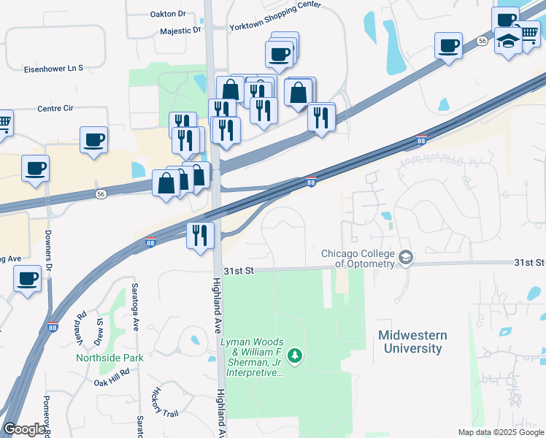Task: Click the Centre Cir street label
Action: pyautogui.click(x=55, y=108)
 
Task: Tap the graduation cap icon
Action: pyautogui.click(x=507, y=41)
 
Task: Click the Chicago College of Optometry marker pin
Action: pyautogui.click(x=406, y=258)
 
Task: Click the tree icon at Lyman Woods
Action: pyautogui.click(x=295, y=356)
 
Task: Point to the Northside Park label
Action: pyautogui.click(x=109, y=358)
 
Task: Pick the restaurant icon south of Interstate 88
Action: pyautogui.click(x=200, y=235)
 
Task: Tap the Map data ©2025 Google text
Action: pyautogui.click(x=499, y=432)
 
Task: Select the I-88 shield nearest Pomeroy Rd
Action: pyautogui.click(x=53, y=328)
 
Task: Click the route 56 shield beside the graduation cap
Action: pyautogui.click(x=482, y=42)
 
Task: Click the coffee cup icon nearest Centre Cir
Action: pyautogui.click(x=93, y=139)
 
